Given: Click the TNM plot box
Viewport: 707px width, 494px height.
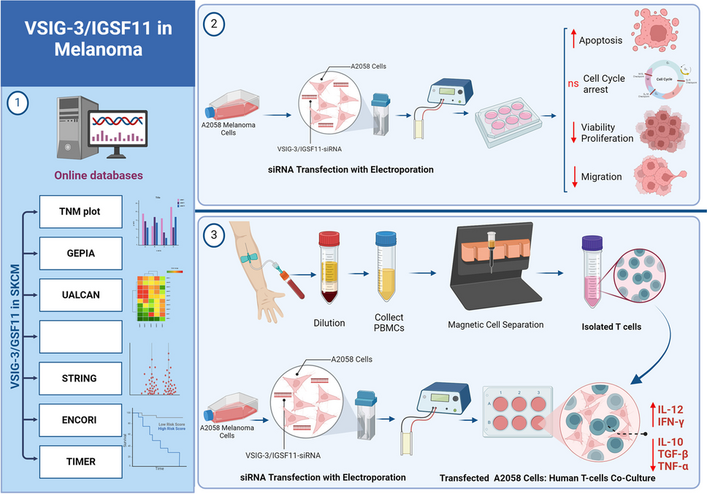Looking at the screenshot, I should point(80,212).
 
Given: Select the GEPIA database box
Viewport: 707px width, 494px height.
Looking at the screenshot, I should point(80,253).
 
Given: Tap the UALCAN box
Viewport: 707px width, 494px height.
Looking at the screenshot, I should point(80,294).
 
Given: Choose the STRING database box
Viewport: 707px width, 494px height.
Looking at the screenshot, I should point(80,378).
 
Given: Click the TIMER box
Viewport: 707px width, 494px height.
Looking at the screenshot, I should point(80,460).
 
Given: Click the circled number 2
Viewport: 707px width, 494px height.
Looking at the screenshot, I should point(215,23).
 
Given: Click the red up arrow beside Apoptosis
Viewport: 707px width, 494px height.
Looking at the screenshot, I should point(573,40).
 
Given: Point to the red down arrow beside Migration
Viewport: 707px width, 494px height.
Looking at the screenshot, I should point(573,176).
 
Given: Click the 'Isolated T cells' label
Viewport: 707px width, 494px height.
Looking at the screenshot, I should point(611,326).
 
